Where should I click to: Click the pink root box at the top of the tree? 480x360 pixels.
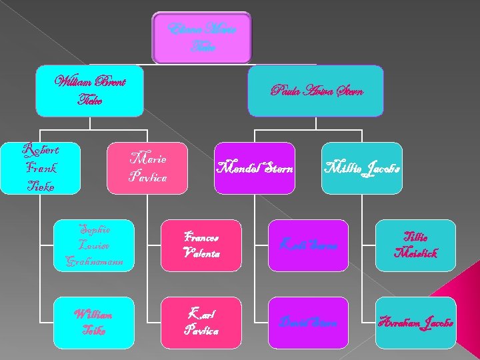202,37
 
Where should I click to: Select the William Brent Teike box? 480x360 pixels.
90,91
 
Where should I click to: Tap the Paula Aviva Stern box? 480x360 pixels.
317,91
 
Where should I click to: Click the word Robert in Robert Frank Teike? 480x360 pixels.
41,149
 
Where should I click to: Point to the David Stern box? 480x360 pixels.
307,323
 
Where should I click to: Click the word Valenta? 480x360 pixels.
200,253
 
